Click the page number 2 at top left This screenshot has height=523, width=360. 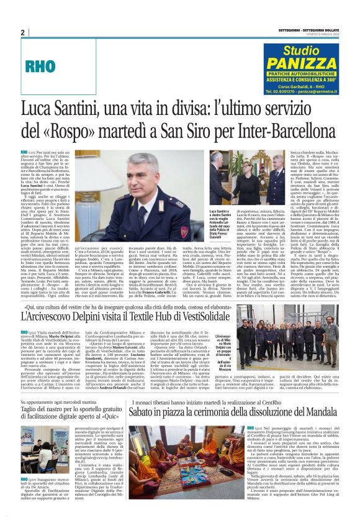[23, 32]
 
